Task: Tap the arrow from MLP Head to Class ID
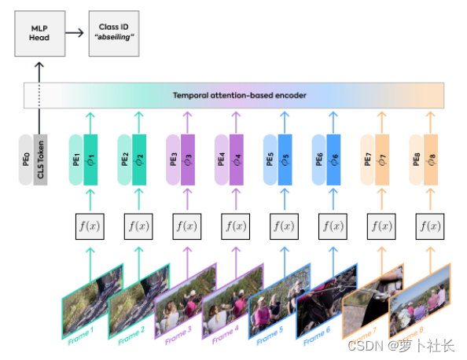(74, 34)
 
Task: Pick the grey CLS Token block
(41, 160)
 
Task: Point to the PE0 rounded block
(27, 160)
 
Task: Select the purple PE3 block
(173, 160)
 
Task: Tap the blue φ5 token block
(285, 160)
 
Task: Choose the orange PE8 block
(416, 160)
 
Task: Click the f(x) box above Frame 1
(89, 226)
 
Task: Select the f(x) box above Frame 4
(235, 226)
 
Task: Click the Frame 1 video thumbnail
(93, 301)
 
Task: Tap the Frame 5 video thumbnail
(280, 301)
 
